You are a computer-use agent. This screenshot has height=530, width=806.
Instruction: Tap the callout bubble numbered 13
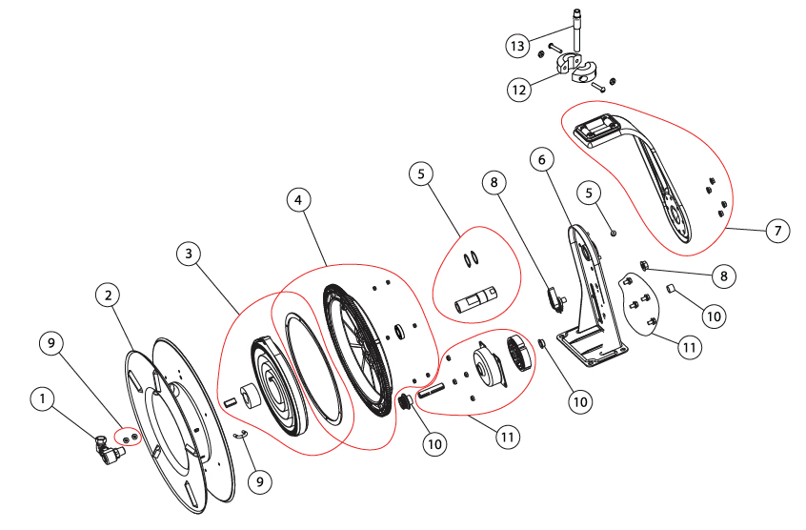[516, 46]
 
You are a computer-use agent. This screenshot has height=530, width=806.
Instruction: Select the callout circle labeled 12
[518, 90]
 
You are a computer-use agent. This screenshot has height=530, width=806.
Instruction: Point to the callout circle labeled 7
[778, 232]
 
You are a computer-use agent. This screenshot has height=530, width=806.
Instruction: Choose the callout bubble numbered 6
[541, 160]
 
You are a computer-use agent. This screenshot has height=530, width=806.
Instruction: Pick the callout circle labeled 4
[299, 200]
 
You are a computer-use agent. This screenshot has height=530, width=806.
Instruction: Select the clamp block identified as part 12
[580, 69]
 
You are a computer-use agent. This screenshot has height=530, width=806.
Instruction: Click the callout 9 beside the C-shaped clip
[258, 482]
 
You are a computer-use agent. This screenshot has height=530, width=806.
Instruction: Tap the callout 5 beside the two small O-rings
[421, 174]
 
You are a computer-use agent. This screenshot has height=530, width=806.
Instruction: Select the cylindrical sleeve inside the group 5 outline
[475, 298]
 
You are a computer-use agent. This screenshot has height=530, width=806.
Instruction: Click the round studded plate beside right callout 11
[638, 305]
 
